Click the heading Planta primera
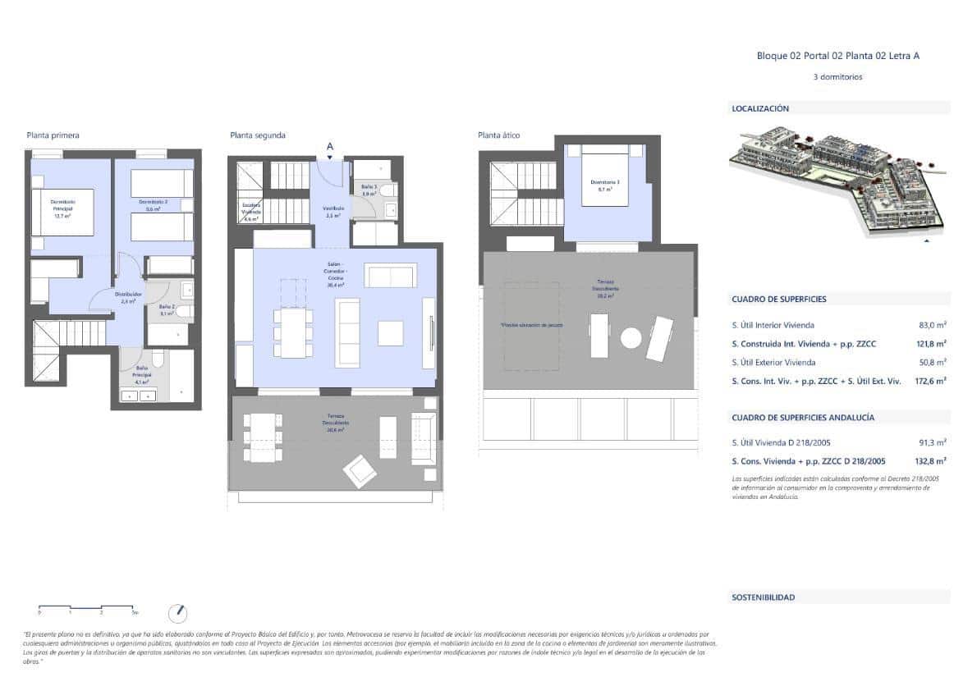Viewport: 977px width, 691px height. tap(53, 135)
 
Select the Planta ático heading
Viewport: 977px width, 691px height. tap(498, 135)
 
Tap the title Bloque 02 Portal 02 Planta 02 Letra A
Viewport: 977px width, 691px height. tap(837, 56)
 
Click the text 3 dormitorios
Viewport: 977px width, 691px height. tap(837, 77)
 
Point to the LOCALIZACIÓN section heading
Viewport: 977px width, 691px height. tap(760, 108)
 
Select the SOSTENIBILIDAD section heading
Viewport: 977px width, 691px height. tap(764, 597)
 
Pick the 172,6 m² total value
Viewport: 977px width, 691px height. tap(931, 381)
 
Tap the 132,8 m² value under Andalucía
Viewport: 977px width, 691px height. tap(931, 461)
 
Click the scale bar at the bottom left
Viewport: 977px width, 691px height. tap(87, 608)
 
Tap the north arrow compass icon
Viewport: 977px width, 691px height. tap(177, 612)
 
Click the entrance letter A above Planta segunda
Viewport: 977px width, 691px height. tap(330, 146)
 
